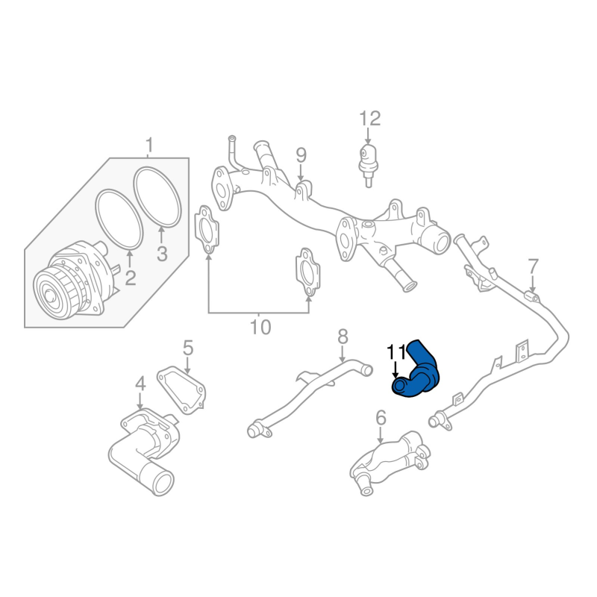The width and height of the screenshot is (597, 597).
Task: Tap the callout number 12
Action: (x=369, y=119)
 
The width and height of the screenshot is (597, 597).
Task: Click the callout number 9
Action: (x=301, y=155)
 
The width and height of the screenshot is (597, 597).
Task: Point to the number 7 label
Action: (x=534, y=266)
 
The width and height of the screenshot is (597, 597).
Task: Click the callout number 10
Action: (x=260, y=327)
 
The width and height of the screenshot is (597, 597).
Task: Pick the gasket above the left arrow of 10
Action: (x=207, y=230)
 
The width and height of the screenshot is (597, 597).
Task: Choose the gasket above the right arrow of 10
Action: (x=307, y=272)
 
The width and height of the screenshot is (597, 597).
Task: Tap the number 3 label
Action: (x=162, y=254)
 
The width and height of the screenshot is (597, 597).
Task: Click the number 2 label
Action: (x=130, y=278)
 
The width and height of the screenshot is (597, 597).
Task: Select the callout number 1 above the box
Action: (x=149, y=146)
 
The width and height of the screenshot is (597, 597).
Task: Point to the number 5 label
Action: (x=188, y=348)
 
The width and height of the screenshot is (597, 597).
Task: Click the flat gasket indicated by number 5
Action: (x=181, y=390)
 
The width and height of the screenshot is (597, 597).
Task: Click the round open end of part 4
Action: (x=163, y=483)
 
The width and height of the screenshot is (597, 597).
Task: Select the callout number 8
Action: (x=343, y=337)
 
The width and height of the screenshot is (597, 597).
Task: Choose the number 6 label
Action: (x=381, y=418)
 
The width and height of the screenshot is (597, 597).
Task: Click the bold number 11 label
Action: (x=396, y=352)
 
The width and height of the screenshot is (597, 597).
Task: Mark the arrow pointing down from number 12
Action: (x=368, y=136)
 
